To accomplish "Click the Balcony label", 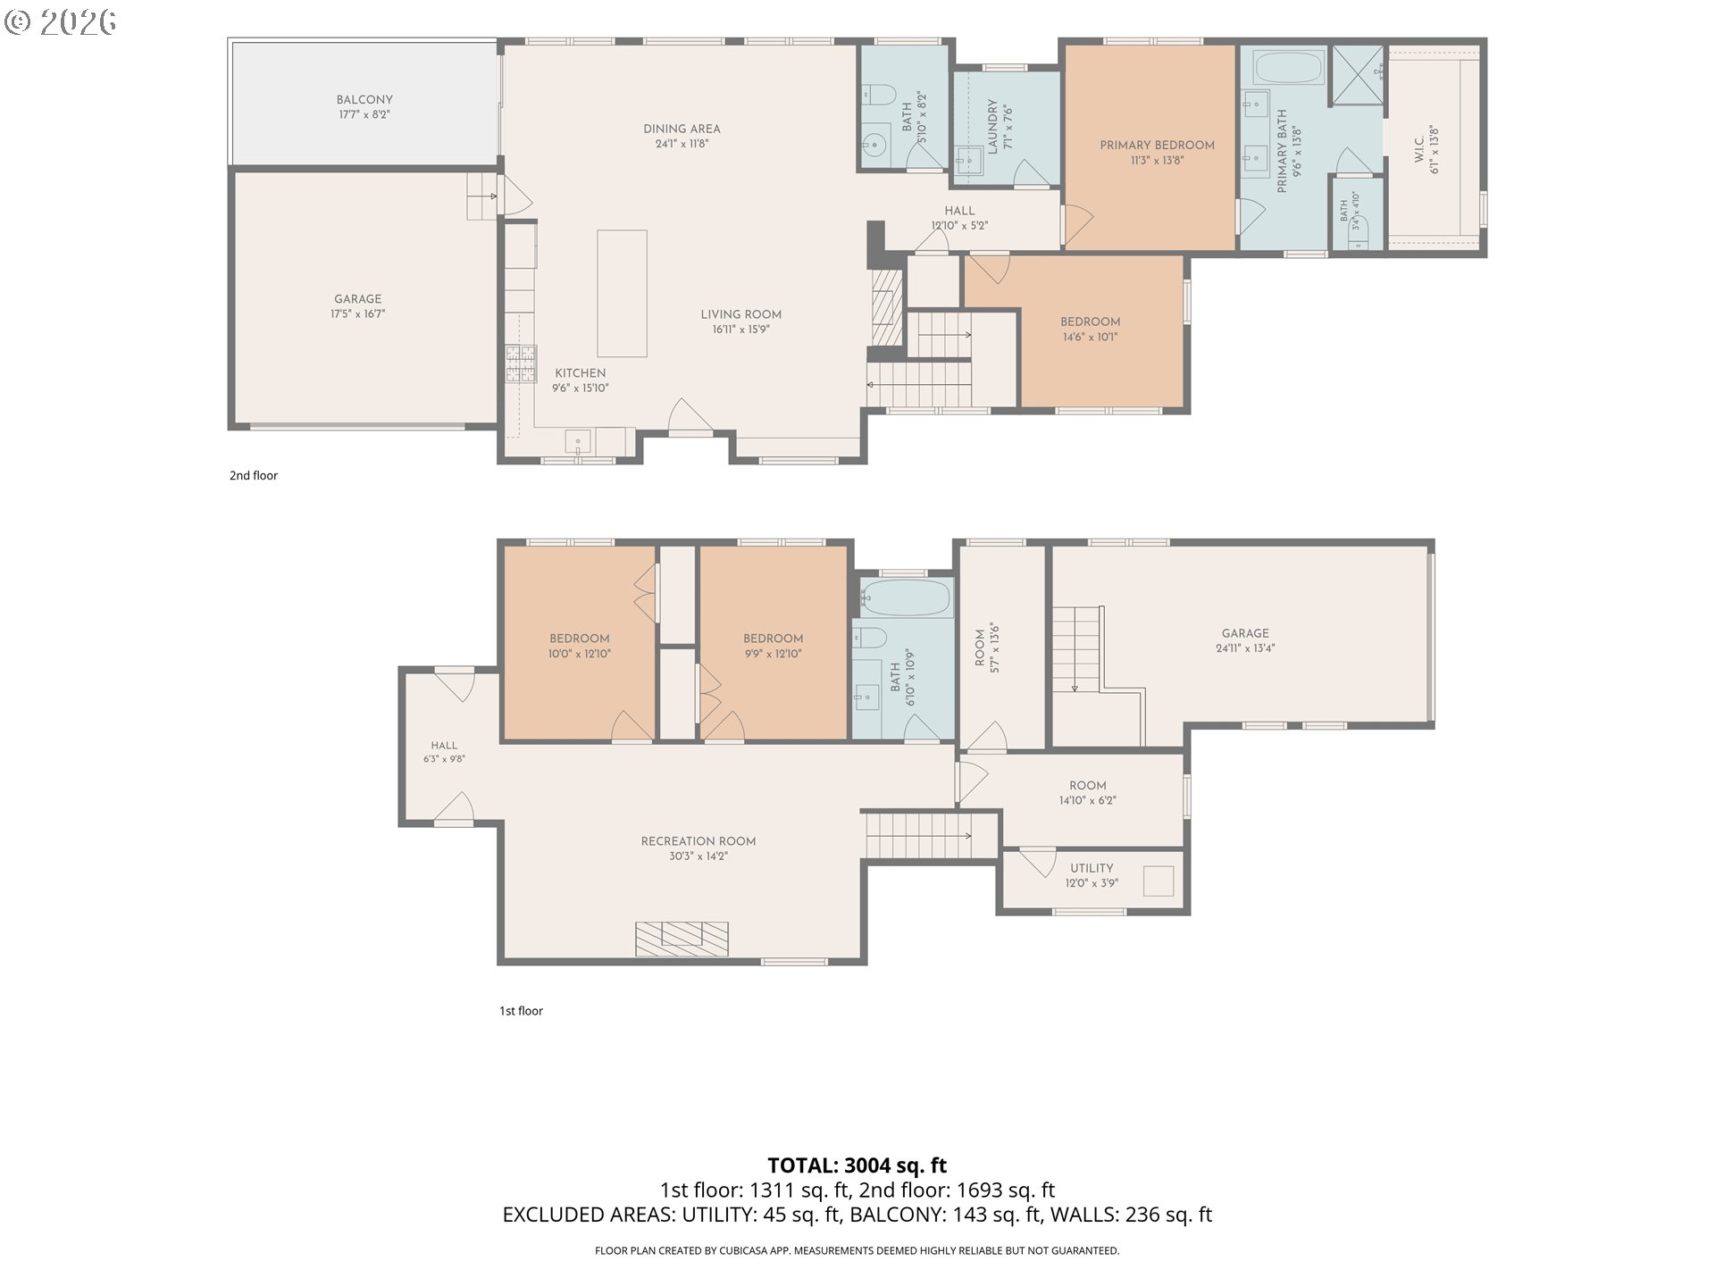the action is tap(364, 100).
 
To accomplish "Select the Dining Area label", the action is tap(682, 129).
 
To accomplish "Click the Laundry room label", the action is tap(992, 127).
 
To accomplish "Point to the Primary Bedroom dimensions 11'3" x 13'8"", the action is tap(1157, 161).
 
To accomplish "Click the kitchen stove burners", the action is tap(522, 364).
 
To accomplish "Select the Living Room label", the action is tap(740, 314).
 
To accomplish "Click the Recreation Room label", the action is tap(699, 841).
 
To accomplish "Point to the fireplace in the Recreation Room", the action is tap(682, 939).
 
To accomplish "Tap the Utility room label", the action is tap(1092, 868).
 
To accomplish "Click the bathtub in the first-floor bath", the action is tap(907, 597).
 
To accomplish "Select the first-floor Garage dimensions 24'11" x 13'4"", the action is tap(1245, 648).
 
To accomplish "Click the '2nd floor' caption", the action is tap(254, 475).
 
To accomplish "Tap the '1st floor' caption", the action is tap(521, 1011).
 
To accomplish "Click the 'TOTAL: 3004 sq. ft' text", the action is tap(857, 1165).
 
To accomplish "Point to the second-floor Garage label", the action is tap(357, 299).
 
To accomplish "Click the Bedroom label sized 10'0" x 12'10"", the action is tap(580, 639).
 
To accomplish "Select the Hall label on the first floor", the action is tap(444, 745).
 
